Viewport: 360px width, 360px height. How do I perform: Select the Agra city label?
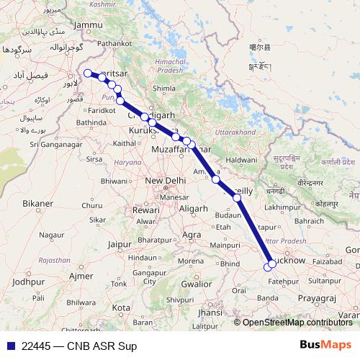[x=192, y=235]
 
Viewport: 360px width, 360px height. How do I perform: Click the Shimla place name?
[x=165, y=89]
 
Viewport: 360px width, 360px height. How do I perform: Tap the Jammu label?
[x=89, y=26]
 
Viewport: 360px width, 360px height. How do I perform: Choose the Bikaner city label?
[x=37, y=204]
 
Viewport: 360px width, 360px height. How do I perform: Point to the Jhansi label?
[x=210, y=313]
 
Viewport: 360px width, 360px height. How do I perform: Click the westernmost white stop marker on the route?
[x=88, y=73]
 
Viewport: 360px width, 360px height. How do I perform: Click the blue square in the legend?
[x=9, y=346]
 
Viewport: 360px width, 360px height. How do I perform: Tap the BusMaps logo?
[x=325, y=345]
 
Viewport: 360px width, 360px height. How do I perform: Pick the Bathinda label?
[x=91, y=123]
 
